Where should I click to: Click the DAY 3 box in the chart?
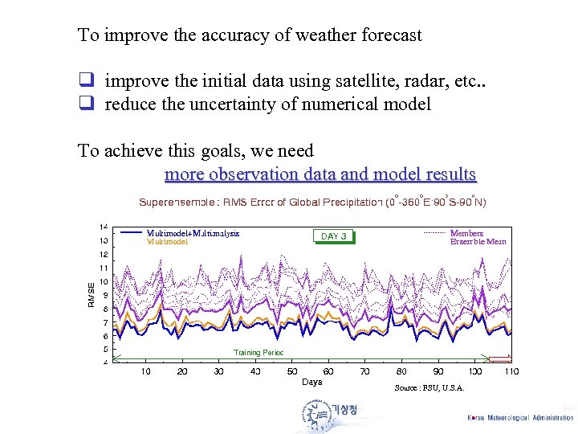click(x=333, y=236)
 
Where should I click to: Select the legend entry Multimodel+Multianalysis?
click(x=193, y=233)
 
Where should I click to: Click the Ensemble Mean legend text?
click(x=478, y=241)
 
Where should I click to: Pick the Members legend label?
click(x=467, y=233)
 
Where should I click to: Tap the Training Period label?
click(x=258, y=352)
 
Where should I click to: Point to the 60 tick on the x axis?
click(x=328, y=371)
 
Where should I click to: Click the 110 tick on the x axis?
click(x=511, y=371)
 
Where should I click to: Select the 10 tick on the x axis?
click(x=145, y=371)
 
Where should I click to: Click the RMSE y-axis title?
click(x=92, y=294)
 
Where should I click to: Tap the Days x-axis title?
click(x=311, y=382)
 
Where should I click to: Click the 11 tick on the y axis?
click(x=104, y=268)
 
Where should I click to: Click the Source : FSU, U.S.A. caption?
click(x=429, y=388)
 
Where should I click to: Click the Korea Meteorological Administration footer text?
click(x=520, y=417)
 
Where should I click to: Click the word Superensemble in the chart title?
click(x=177, y=202)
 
